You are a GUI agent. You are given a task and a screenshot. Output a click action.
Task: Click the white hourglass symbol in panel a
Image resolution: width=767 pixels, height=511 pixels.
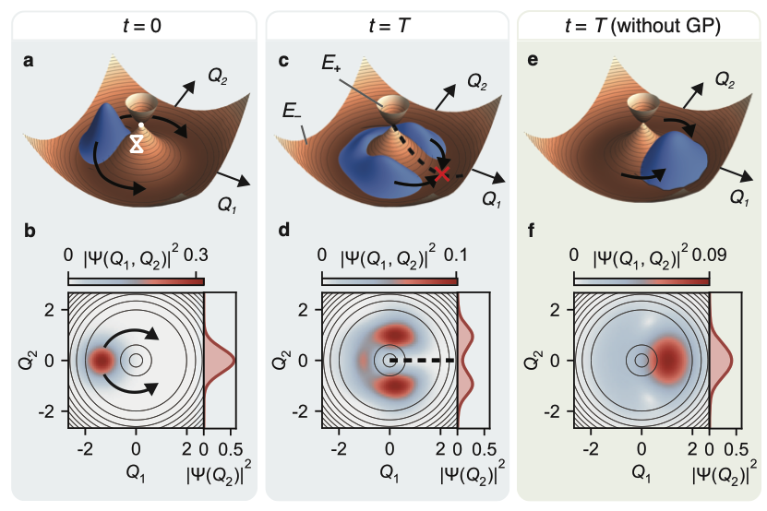pyautogui.click(x=137, y=144)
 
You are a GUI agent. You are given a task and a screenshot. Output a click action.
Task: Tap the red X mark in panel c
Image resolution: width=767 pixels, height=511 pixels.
pyautogui.click(x=442, y=173)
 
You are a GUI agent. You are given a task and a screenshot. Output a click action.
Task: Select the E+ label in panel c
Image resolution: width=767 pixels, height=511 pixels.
pyautogui.click(x=331, y=64)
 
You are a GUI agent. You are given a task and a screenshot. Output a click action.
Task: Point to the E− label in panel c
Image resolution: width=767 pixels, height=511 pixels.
pyautogui.click(x=292, y=111)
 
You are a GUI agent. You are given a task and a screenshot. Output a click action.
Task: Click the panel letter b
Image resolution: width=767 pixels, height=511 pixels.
pyautogui.click(x=30, y=231)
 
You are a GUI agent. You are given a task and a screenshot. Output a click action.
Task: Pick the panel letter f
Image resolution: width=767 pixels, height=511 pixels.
pyautogui.click(x=532, y=231)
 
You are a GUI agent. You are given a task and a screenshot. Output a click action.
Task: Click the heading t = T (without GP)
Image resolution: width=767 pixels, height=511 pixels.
pyautogui.click(x=642, y=25)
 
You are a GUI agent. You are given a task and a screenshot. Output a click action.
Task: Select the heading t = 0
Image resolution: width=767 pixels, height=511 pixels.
pyautogui.click(x=142, y=25)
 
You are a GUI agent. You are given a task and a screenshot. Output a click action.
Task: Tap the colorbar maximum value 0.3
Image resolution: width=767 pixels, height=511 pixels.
pyautogui.click(x=196, y=255)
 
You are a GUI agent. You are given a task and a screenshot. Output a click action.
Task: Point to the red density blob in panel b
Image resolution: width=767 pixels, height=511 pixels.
pyautogui.click(x=102, y=361)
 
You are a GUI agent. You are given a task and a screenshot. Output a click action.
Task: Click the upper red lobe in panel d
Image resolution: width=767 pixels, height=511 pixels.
pyautogui.click(x=394, y=335)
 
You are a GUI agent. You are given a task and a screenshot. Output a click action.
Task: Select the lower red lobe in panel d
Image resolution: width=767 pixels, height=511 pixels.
pyautogui.click(x=394, y=386)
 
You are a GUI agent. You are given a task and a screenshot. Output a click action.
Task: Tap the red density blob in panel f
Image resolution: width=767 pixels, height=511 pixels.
pyautogui.click(x=669, y=361)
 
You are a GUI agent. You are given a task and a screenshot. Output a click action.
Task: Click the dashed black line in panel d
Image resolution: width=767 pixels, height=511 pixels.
pyautogui.click(x=422, y=361)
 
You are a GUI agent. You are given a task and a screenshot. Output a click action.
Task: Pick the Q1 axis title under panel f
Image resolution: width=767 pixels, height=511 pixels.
pyautogui.click(x=641, y=473)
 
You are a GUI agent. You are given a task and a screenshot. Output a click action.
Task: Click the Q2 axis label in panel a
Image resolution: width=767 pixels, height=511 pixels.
pyautogui.click(x=218, y=76)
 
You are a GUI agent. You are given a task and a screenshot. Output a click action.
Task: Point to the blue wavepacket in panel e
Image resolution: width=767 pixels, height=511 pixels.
pyautogui.click(x=675, y=160)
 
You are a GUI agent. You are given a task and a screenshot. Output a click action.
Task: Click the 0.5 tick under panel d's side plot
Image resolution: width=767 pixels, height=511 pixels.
pyautogui.click(x=485, y=449)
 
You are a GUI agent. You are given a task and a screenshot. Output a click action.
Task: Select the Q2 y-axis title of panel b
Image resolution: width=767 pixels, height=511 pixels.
pyautogui.click(x=29, y=361)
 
